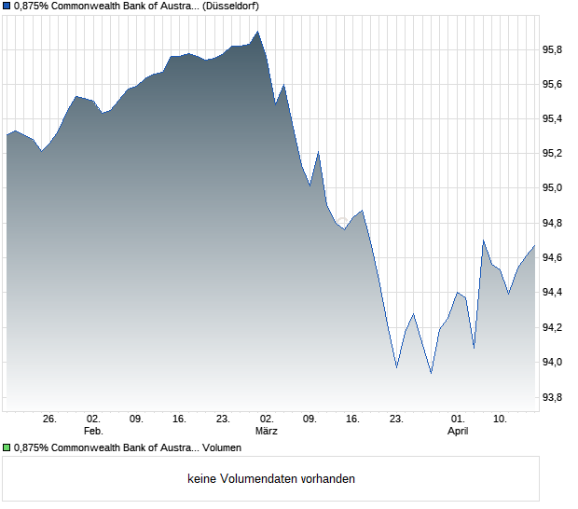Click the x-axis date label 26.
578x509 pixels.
[50, 420]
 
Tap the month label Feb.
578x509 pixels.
[93, 432]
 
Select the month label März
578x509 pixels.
[267, 432]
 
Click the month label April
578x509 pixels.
[458, 432]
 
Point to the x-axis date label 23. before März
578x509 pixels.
[223, 420]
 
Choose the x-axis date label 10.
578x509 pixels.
[501, 420]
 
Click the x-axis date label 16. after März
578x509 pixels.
[353, 420]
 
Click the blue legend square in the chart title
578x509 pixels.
[7, 6]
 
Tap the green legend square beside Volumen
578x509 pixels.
[7, 447]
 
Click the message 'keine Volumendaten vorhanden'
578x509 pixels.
[271, 479]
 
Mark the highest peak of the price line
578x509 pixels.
[257, 31]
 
